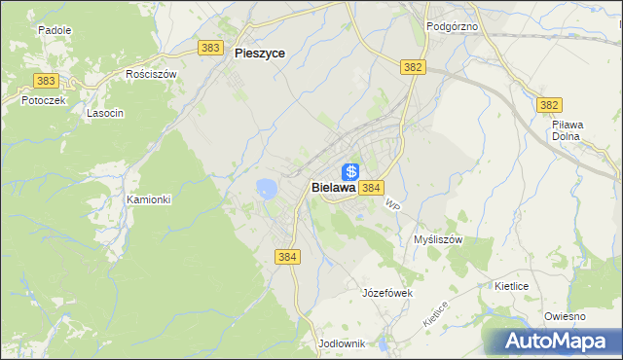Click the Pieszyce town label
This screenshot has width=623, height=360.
click(260, 54)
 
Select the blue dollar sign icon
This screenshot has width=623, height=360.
click(350, 172)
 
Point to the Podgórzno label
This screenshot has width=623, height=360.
click(453, 26)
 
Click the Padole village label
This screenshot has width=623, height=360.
click(55, 30)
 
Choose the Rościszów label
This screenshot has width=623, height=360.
click(151, 74)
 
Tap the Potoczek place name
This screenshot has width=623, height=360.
click(29, 100)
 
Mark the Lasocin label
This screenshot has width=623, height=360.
click(104, 113)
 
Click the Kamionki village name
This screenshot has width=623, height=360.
click(149, 199)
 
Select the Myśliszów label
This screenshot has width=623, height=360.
click(438, 239)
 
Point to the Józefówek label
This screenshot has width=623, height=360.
click(388, 292)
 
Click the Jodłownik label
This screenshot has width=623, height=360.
click(342, 344)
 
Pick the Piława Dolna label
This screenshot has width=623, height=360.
click(567, 130)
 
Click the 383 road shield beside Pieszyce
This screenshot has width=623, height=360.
click(209, 48)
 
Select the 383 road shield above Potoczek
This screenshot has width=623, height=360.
click(45, 82)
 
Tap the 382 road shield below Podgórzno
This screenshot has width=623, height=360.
click(413, 65)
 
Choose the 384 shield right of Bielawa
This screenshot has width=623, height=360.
click(371, 187)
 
